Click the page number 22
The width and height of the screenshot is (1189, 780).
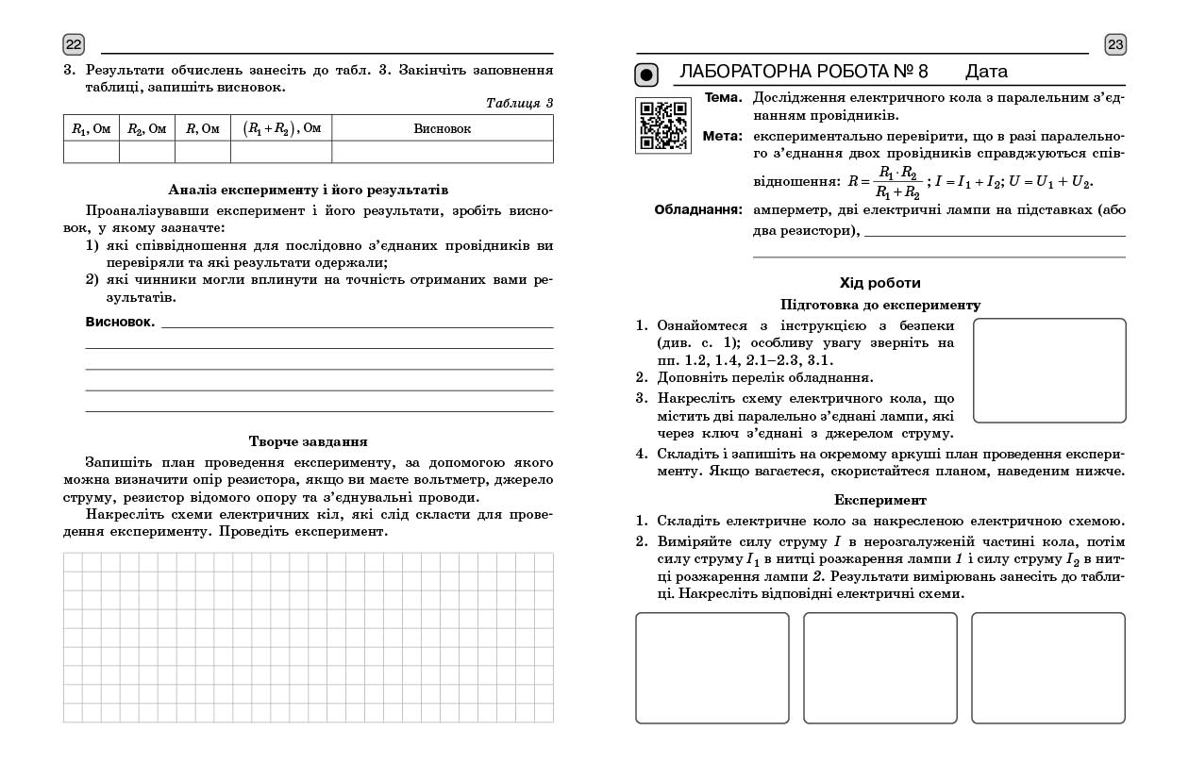pos(74,44)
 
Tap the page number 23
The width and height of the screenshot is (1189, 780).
pos(1115,44)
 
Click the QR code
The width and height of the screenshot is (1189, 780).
pos(662,124)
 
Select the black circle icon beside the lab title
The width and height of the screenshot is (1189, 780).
pos(645,74)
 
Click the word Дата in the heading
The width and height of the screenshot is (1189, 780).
pos(986,72)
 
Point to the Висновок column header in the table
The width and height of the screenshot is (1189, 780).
pos(442,128)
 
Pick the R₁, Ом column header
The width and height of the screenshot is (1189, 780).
pos(92,128)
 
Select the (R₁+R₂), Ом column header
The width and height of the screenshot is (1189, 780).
pos(281,128)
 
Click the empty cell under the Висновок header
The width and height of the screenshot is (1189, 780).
pos(442,152)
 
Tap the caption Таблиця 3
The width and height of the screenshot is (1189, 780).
pos(519,103)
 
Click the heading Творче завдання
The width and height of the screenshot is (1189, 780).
pos(308,441)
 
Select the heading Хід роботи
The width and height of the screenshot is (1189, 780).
pos(879,283)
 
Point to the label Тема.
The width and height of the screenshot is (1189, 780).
pos(723,97)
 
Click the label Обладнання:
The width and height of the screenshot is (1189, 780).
pos(698,209)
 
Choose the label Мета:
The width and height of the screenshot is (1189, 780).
pos(723,136)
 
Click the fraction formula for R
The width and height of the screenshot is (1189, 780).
pos(884,181)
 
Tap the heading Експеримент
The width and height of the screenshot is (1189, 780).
pos(879,500)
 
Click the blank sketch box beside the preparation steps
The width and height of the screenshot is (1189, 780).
pos(1048,370)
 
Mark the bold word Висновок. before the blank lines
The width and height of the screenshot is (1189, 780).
pos(120,323)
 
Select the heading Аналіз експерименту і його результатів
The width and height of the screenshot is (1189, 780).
pos(308,191)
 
